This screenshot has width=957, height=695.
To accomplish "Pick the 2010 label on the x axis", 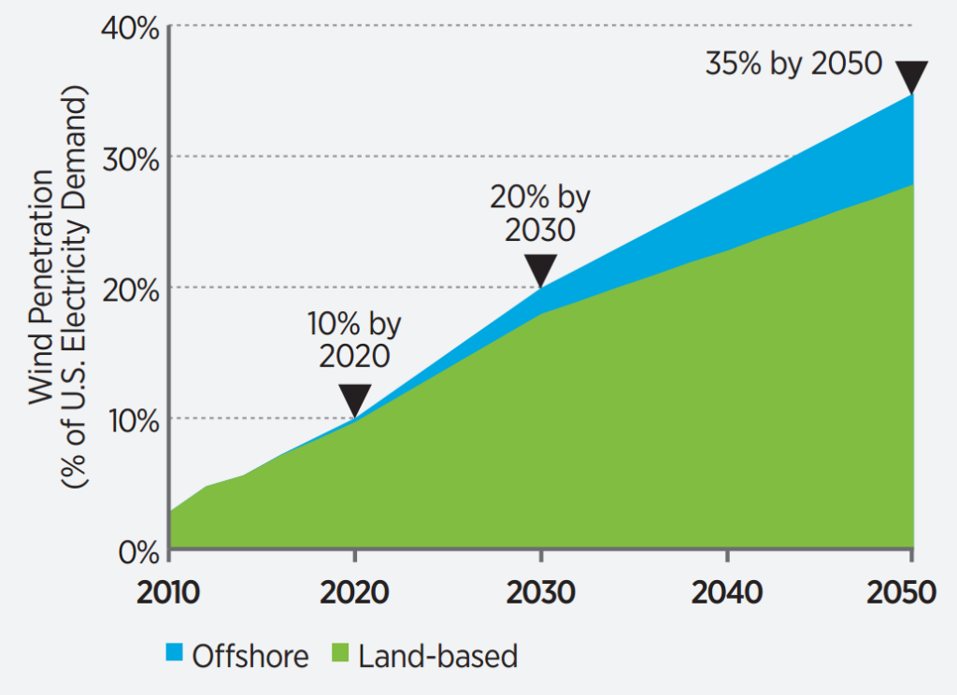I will pyautogui.click(x=170, y=593).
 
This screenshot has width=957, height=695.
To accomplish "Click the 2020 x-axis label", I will pyautogui.click(x=355, y=593).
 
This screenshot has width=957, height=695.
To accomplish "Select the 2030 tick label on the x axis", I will pyautogui.click(x=541, y=593).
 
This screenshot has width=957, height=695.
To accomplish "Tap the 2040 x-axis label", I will pyautogui.click(x=726, y=593).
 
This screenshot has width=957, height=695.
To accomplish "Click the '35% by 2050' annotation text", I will pyautogui.click(x=793, y=64).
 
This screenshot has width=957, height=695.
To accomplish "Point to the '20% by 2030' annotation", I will pyautogui.click(x=541, y=213).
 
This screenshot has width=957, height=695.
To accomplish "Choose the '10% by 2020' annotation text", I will pyautogui.click(x=355, y=340).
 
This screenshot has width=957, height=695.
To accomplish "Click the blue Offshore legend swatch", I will pyautogui.click(x=177, y=656).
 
